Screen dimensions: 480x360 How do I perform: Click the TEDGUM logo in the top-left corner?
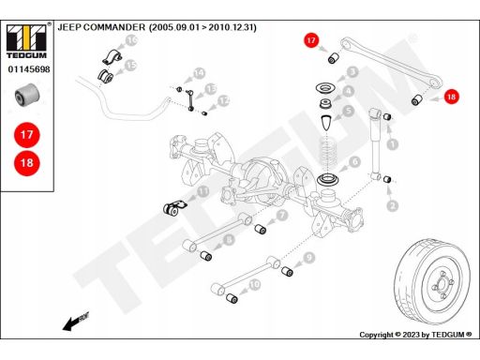click(26, 41)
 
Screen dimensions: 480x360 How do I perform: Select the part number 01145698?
click(29, 69)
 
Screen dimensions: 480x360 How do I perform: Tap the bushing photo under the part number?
click(27, 95)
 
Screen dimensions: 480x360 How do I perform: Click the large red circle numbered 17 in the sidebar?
click(27, 135)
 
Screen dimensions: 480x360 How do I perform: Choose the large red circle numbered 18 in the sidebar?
click(27, 162)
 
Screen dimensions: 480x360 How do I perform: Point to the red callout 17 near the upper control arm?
click(311, 40)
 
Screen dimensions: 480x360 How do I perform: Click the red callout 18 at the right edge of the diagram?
click(451, 97)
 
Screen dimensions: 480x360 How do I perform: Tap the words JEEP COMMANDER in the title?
click(101, 27)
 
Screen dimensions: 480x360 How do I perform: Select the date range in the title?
click(202, 27)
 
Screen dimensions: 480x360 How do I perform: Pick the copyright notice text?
click(415, 335)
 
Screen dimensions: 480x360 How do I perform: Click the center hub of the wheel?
click(442, 284)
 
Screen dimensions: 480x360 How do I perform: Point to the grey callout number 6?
click(354, 162)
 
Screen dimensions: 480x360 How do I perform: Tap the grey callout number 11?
click(203, 191)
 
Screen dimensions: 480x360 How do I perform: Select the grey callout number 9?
click(309, 258)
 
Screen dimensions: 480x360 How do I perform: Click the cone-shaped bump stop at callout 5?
click(327, 122)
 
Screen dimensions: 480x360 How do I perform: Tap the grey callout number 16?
click(131, 40)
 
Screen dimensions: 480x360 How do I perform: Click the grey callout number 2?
click(393, 205)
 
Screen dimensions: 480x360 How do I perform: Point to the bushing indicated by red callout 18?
click(416, 99)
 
